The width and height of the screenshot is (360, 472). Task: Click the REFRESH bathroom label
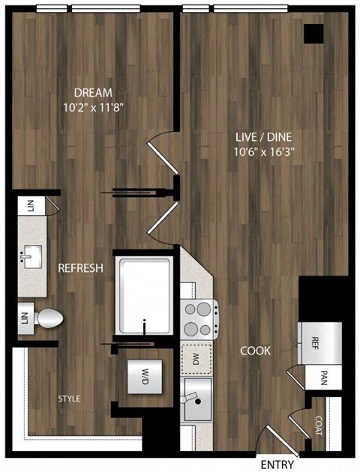coord(81,268)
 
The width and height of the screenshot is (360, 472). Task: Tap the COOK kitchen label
coord(255,350)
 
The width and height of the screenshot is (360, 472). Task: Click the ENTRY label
coord(277,465)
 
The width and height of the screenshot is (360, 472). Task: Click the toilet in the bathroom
coord(49,318)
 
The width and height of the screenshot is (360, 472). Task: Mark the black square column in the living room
coord(314,34)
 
